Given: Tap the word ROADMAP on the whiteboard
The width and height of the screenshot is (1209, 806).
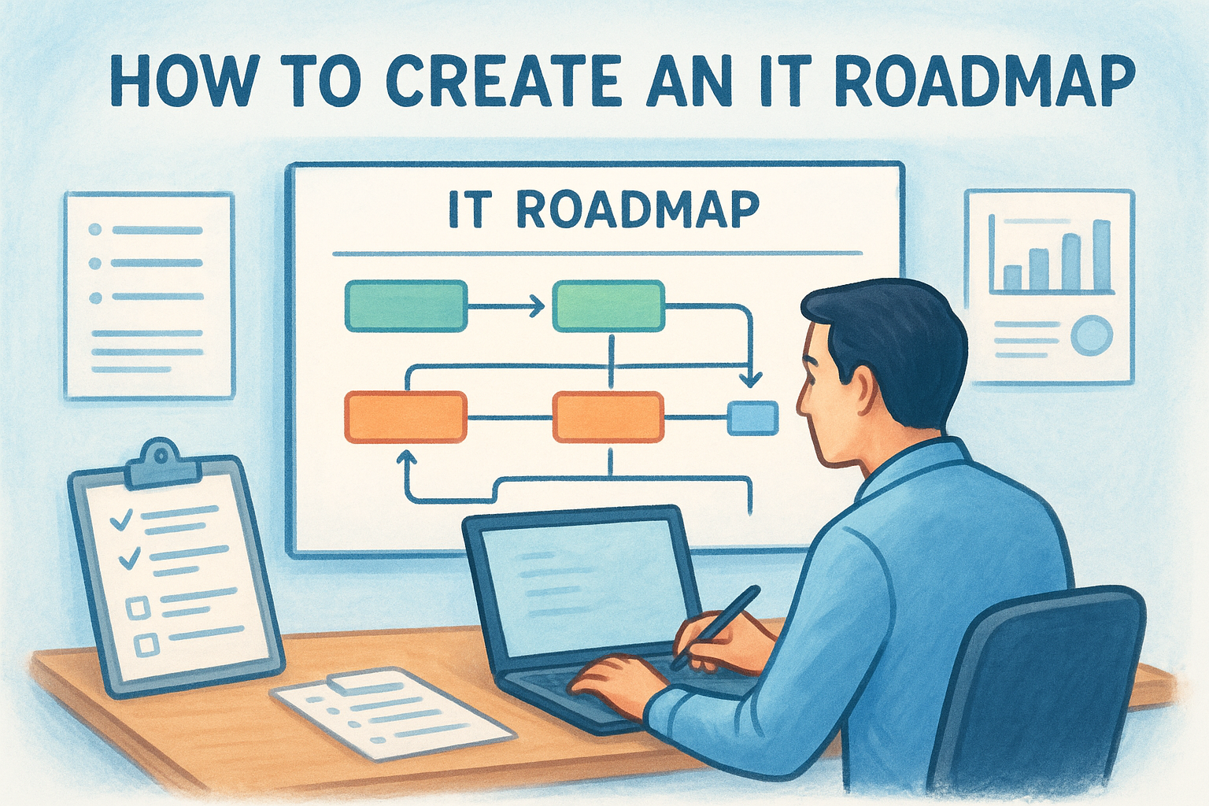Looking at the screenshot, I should pos(638,209).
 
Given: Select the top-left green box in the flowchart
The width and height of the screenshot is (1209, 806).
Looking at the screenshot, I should pos(406,305).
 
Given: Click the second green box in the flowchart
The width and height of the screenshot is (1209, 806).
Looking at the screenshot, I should pos(608,305).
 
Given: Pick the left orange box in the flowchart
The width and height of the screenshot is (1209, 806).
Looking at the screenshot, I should pos(406,416).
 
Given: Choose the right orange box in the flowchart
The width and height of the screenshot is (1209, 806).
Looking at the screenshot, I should pos(608,416).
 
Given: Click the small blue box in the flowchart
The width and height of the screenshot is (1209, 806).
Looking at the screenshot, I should pos(752,417).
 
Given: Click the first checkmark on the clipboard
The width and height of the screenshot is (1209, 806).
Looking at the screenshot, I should pos(121,519).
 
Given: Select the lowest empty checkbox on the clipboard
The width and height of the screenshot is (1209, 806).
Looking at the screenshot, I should pos(146,645).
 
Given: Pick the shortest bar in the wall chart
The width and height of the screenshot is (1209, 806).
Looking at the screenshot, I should pos(1012,277).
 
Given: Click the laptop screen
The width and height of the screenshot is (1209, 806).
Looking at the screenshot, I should pos(582,586).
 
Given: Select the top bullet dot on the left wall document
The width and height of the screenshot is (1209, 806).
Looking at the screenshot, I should pos(96,230).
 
